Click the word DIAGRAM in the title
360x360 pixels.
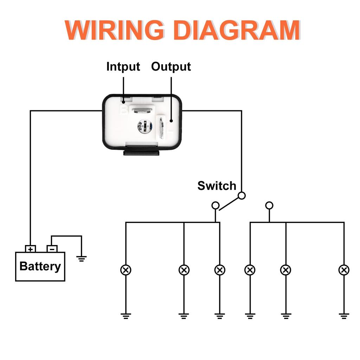tap(237, 31)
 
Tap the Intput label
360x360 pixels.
tap(123, 66)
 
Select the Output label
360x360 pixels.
tap(171, 66)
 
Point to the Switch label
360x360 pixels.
tap(217, 186)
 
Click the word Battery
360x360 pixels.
tap(40, 266)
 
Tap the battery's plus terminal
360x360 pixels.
tap(31, 249)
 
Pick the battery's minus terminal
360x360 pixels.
tap(52, 249)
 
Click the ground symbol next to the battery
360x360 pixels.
tap(82, 259)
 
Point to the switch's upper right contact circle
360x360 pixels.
tap(242, 195)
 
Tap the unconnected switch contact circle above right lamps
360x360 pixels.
tap(269, 205)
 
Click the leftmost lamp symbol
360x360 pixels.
tap(126, 270)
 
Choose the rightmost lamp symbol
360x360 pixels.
tap(344, 270)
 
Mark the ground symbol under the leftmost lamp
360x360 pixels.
tap(126, 316)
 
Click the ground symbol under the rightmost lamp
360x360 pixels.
tap(344, 316)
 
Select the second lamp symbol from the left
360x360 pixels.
tap(184, 270)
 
